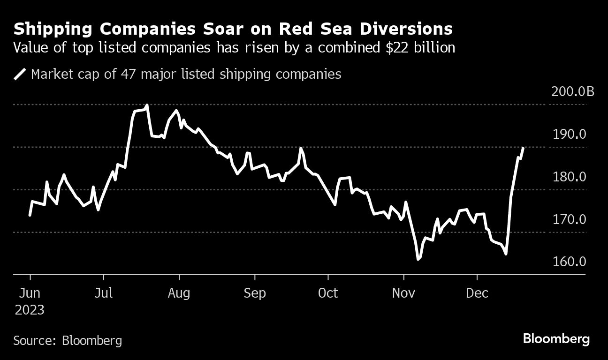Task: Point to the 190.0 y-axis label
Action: (570, 135)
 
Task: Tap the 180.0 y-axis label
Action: (570, 177)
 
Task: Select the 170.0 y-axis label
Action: (570, 219)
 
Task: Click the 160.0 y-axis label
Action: (570, 262)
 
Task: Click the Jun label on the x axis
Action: (30, 293)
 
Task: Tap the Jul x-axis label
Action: (103, 293)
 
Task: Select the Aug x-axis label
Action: (179, 294)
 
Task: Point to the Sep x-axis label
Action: (255, 294)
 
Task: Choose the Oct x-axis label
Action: (328, 293)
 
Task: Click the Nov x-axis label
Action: (404, 293)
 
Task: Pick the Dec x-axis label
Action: (477, 293)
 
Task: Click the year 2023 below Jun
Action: (30, 310)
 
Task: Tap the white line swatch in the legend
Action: (20, 75)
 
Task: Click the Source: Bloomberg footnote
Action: (68, 340)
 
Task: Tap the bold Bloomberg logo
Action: (556, 339)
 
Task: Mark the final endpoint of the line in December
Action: (523, 148)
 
